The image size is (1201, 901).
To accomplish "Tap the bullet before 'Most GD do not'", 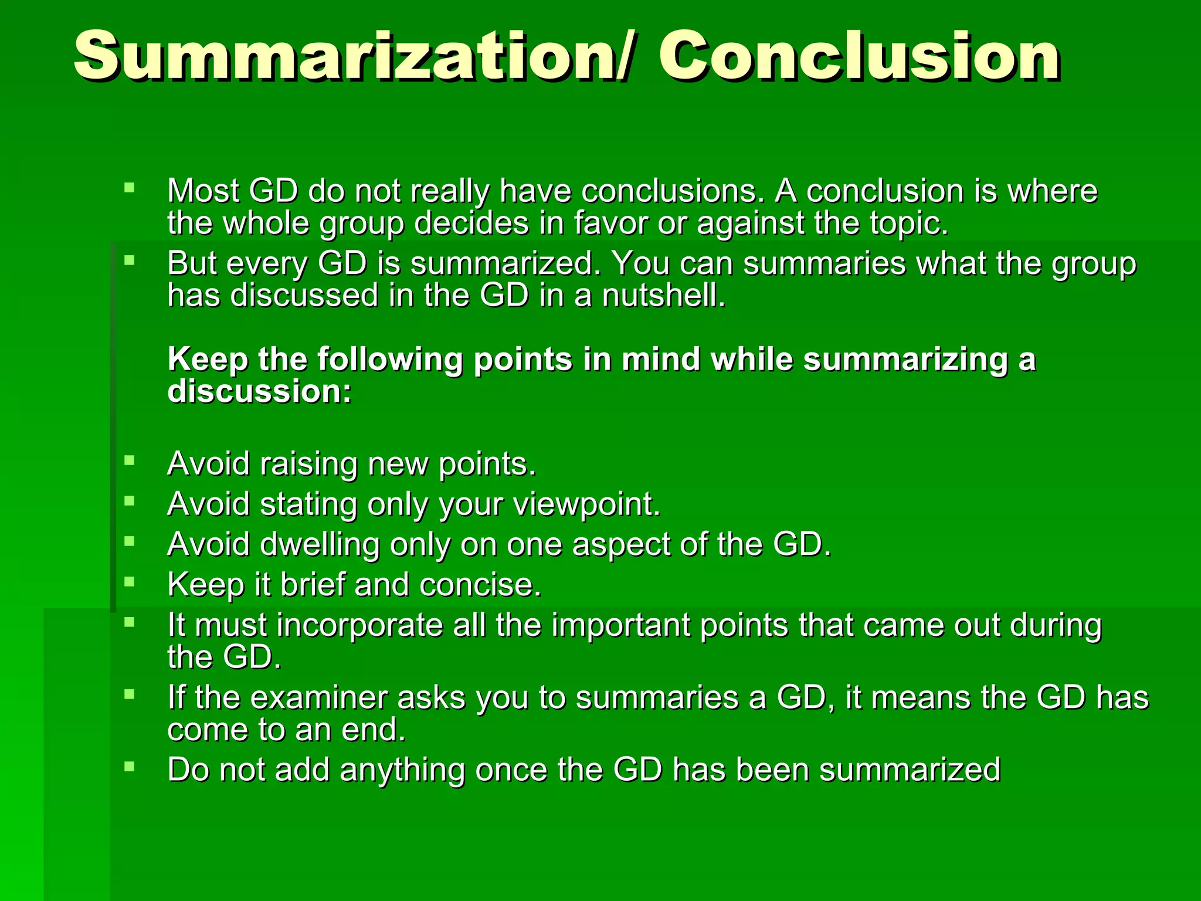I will point(130,188).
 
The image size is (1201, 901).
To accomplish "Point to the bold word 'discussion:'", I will point(259,391).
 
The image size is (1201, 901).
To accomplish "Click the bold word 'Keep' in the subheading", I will point(208,360).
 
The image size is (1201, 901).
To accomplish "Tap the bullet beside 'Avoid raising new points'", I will point(130,460).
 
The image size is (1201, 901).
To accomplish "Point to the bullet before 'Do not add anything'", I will point(130,767).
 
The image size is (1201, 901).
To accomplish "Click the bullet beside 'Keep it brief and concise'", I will point(130,581).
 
